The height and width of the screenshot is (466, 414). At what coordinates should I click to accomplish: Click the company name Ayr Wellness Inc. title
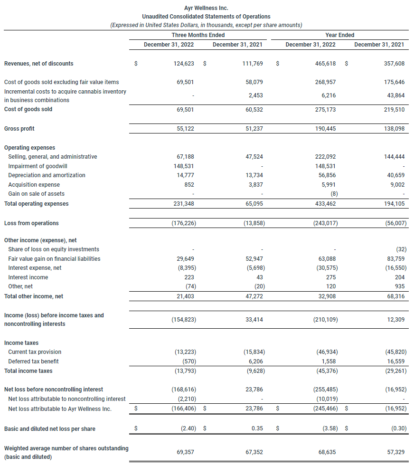[x=206, y=8]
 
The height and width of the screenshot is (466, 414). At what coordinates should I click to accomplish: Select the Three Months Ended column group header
[x=198, y=35]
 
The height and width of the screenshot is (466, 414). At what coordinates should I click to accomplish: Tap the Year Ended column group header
[x=339, y=35]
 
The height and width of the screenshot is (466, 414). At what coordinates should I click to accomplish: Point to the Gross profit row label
[x=19, y=129]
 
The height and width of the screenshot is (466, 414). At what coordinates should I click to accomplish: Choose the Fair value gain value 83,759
[x=395, y=259]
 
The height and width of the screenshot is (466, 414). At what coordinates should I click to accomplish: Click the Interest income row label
[x=28, y=277]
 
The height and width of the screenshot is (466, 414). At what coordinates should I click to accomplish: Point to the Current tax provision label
[x=35, y=352]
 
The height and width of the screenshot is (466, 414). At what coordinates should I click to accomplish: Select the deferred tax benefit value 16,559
[x=395, y=361]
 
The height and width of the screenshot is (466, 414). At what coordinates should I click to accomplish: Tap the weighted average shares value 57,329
[x=395, y=452]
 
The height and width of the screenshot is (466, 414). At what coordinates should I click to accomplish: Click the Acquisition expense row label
[x=34, y=185]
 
